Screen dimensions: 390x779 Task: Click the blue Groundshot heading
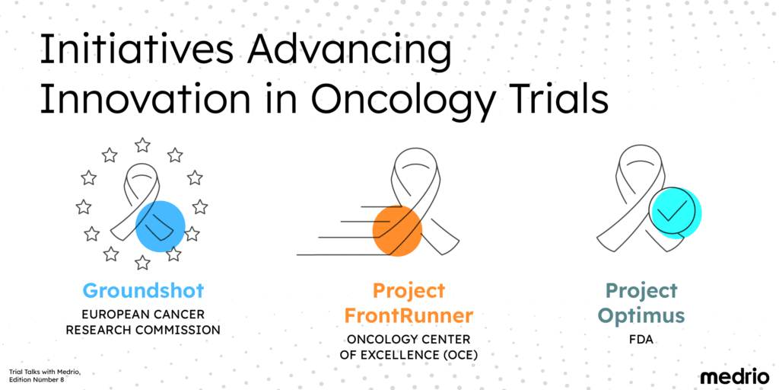[143, 291]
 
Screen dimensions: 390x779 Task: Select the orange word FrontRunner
[409, 315]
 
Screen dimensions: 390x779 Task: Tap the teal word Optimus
[641, 315]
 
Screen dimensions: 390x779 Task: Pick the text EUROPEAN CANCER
[143, 314]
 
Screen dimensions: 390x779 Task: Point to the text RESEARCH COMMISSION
[143, 330]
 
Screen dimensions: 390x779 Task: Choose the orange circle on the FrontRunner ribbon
[397, 229]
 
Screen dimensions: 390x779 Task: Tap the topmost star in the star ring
[142, 145]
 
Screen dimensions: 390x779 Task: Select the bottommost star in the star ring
[142, 263]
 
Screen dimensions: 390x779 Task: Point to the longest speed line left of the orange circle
[335, 254]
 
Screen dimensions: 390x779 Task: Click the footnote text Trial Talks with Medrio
[44, 371]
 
